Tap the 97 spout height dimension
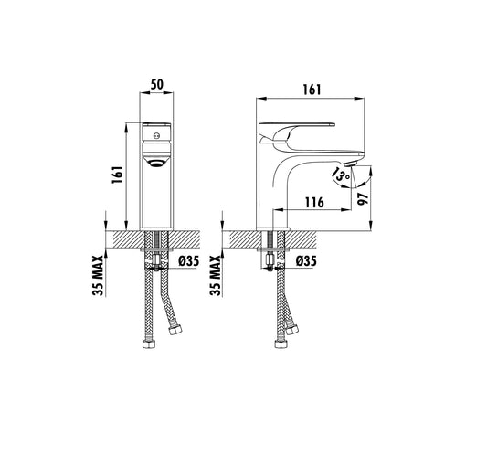pos(363,200)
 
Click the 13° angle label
pos(340,172)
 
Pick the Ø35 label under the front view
pos(190,261)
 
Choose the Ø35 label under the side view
pos(306,261)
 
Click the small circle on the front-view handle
pos(154,136)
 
